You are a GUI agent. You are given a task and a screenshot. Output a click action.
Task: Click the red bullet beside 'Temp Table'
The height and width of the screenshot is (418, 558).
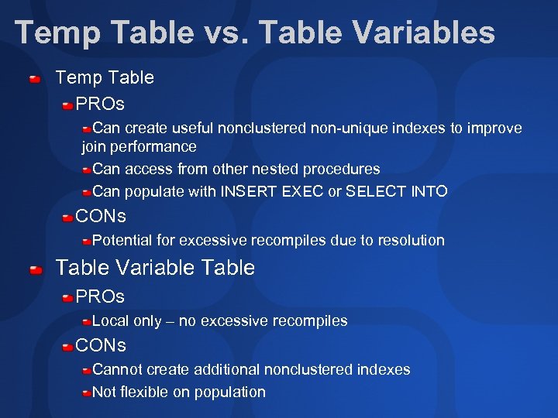pyautogui.click(x=36, y=78)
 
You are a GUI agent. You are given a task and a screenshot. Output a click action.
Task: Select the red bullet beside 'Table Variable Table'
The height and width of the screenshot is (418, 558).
pyautogui.click(x=36, y=269)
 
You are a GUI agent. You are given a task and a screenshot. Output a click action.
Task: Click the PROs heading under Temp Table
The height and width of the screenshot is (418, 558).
pyautogui.click(x=100, y=103)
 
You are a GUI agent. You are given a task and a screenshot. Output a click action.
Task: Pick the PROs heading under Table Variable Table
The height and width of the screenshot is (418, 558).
pyautogui.click(x=100, y=296)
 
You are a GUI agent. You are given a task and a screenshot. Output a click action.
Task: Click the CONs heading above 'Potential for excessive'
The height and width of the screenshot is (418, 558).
pyautogui.click(x=101, y=216)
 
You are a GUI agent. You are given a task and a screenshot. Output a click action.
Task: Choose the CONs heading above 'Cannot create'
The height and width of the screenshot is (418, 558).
pyautogui.click(x=101, y=344)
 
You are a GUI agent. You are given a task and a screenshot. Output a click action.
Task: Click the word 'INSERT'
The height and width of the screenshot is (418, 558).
pyautogui.click(x=244, y=191)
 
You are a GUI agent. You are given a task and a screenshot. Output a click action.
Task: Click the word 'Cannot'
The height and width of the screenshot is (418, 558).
pyautogui.click(x=117, y=369)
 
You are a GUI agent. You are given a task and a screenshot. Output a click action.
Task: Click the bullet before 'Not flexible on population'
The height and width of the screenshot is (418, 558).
pyautogui.click(x=87, y=392)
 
